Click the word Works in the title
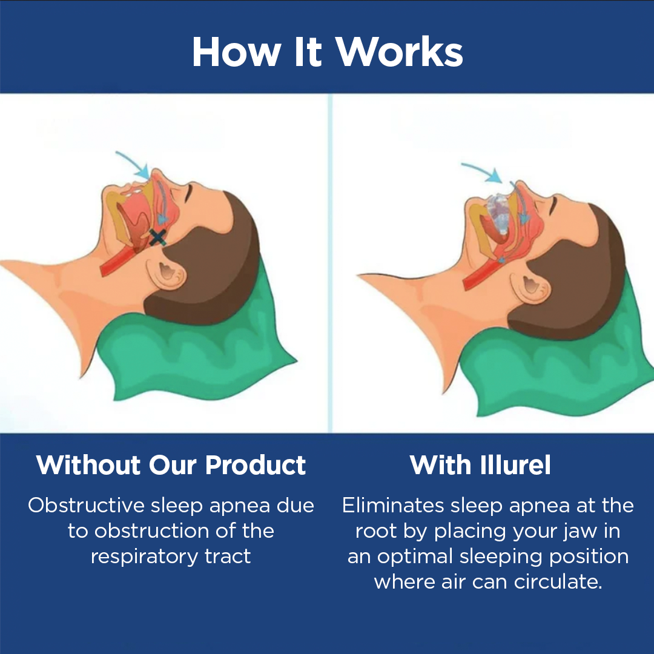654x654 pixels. [x=400, y=52]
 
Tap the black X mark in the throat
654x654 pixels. [x=157, y=237]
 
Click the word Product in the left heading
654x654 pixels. [x=256, y=465]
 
